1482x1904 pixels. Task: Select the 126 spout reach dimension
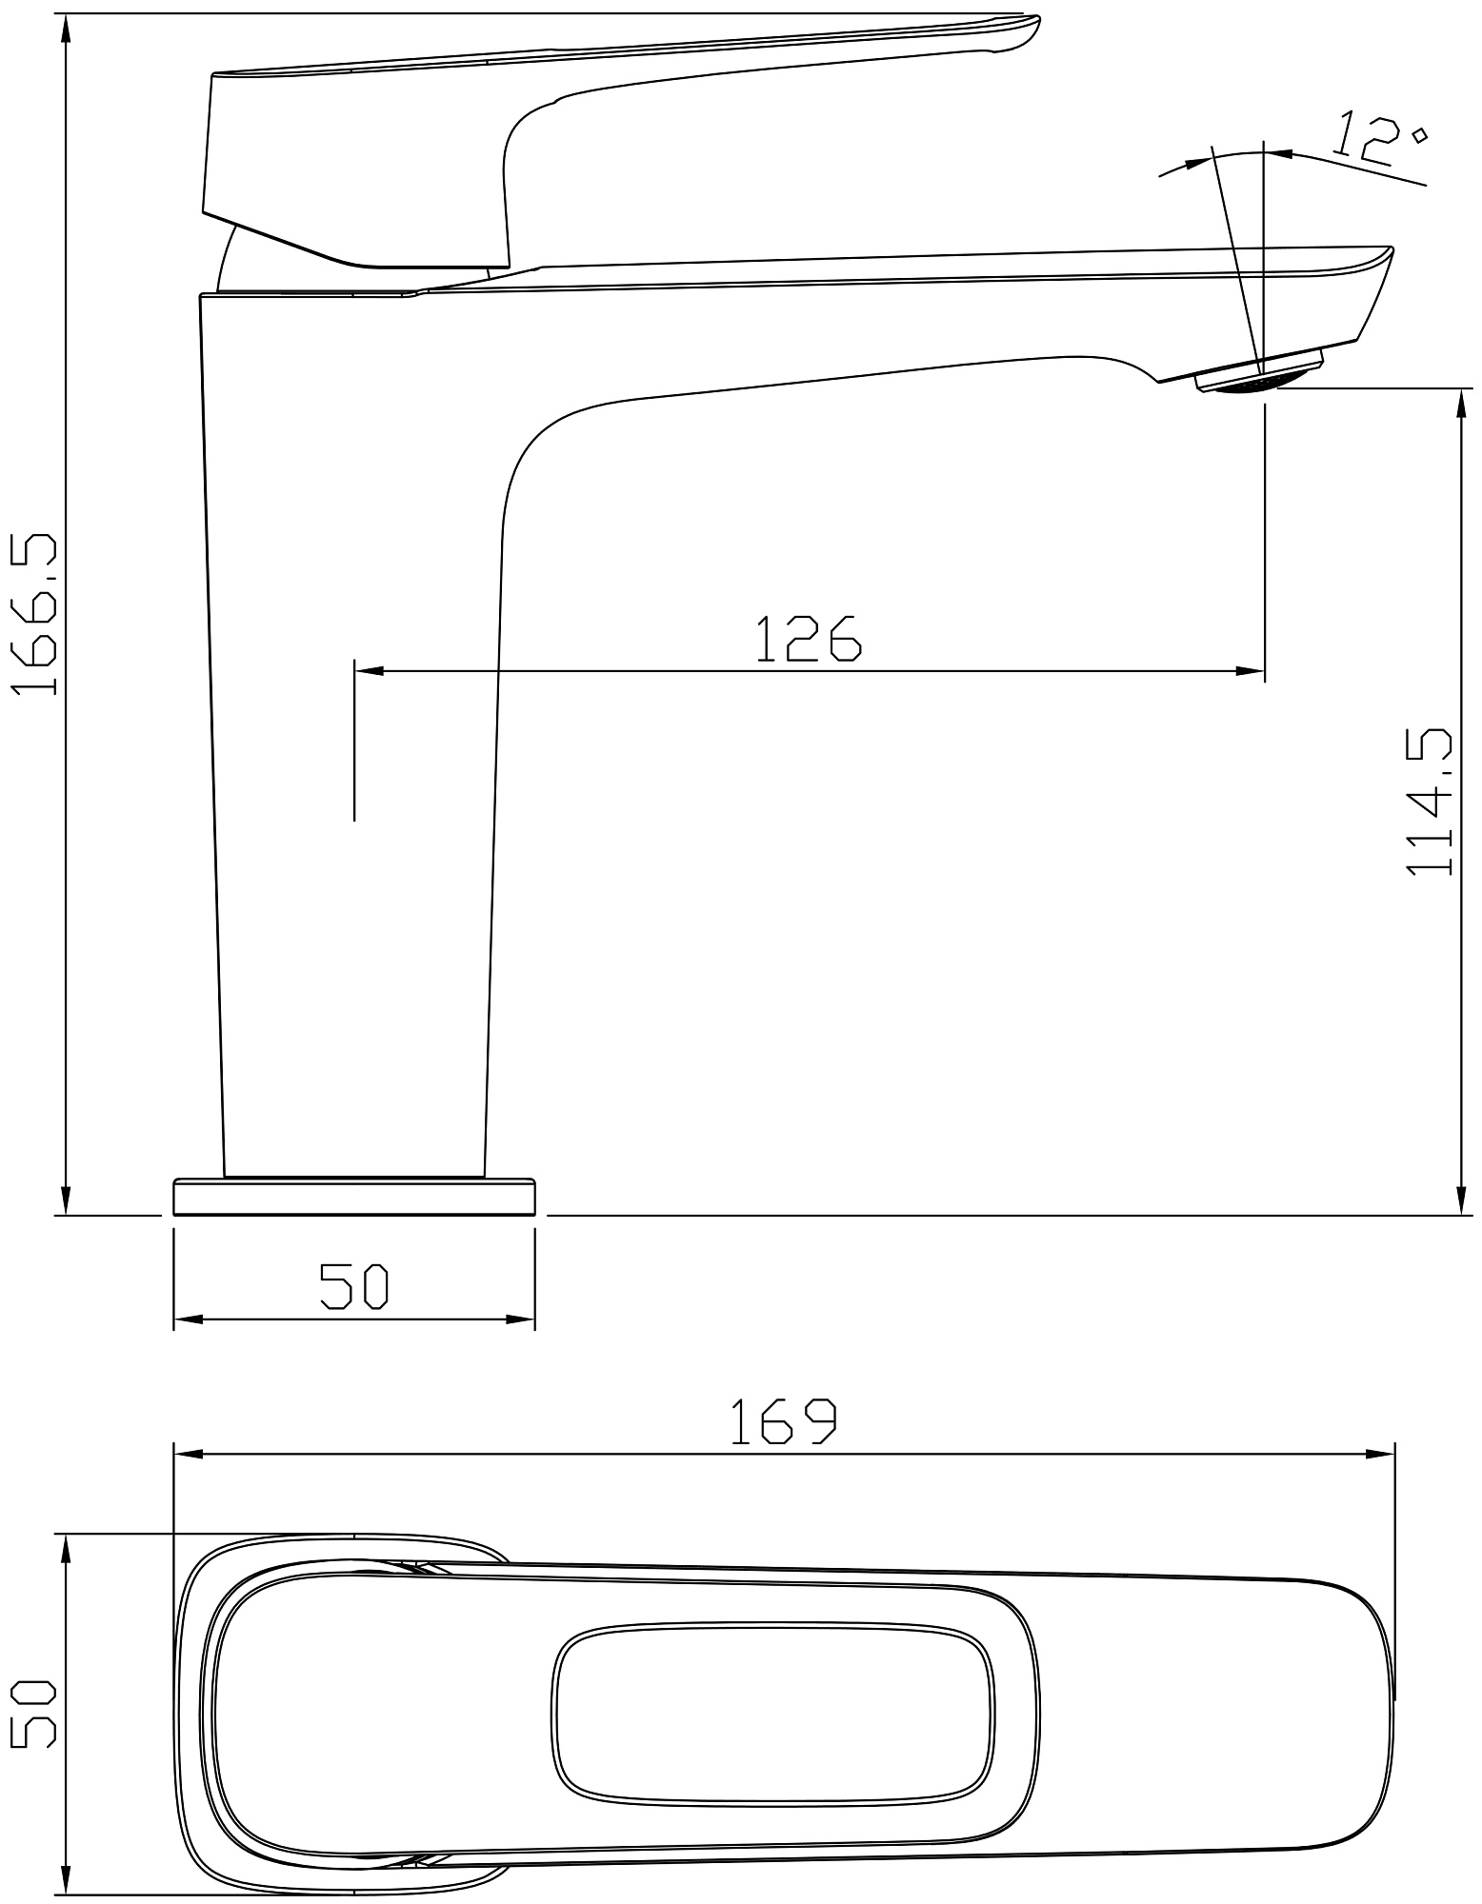click(x=809, y=638)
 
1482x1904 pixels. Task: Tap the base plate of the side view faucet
click(x=354, y=1197)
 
